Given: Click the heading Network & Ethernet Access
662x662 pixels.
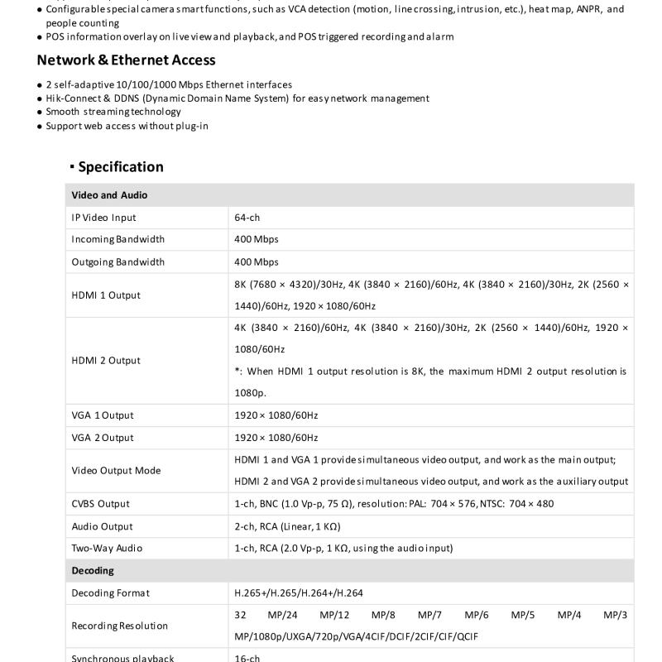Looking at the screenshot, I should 126,60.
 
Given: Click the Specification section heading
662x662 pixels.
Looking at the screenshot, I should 120,166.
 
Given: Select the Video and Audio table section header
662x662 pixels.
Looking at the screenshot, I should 109,195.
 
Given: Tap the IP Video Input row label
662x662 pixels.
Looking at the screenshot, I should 103,218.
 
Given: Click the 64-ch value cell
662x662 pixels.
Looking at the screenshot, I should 247,218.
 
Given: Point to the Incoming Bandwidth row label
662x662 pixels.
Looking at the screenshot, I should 118,239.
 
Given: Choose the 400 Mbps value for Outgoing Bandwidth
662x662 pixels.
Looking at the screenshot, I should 257,261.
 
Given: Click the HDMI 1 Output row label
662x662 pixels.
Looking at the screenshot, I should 106,295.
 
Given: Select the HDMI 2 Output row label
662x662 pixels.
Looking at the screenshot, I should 106,360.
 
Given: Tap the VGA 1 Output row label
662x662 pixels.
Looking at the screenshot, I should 102,415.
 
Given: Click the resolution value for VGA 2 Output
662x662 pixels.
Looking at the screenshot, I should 276,438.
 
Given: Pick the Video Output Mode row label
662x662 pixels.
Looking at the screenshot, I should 116,470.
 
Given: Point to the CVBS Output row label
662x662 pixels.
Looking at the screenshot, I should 100,504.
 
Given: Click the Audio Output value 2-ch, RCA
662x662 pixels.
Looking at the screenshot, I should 287,526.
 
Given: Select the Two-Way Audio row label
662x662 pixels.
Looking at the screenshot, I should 107,548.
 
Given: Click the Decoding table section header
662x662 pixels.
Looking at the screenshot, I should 93,571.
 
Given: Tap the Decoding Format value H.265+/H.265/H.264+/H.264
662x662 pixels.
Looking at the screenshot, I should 299,592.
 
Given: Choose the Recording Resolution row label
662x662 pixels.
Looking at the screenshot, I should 119,626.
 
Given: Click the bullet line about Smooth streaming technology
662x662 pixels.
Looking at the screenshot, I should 113,112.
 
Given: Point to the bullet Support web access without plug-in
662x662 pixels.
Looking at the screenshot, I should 127,126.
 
